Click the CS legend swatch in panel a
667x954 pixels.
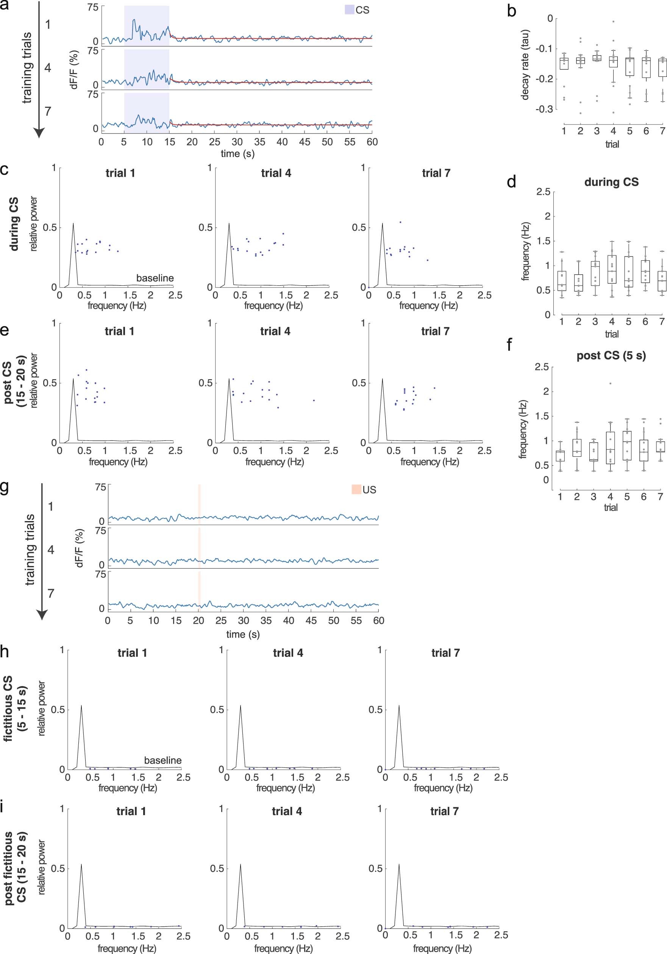tap(349, 10)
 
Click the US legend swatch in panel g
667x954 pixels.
tap(356, 489)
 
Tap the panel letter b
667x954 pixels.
tap(511, 11)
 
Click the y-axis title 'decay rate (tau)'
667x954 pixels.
tap(525, 64)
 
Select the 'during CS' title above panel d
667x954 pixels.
tap(611, 182)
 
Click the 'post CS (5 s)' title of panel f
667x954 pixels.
tap(611, 356)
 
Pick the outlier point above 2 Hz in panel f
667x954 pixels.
tap(611, 383)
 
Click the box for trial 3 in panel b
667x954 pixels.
tap(597, 58)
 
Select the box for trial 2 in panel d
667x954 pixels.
tap(578, 283)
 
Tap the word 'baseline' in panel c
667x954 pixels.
tap(155, 278)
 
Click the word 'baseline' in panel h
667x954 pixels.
tap(162, 760)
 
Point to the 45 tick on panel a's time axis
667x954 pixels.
tap(305, 142)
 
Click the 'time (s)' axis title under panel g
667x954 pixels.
tap(243, 635)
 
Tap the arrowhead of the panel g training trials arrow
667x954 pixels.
tap(42, 615)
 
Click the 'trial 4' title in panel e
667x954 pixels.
tap(275, 331)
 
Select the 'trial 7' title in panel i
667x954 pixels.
tap(444, 811)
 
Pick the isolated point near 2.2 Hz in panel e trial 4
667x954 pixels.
tap(314, 400)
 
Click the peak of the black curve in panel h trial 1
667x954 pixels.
tap(81, 705)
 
